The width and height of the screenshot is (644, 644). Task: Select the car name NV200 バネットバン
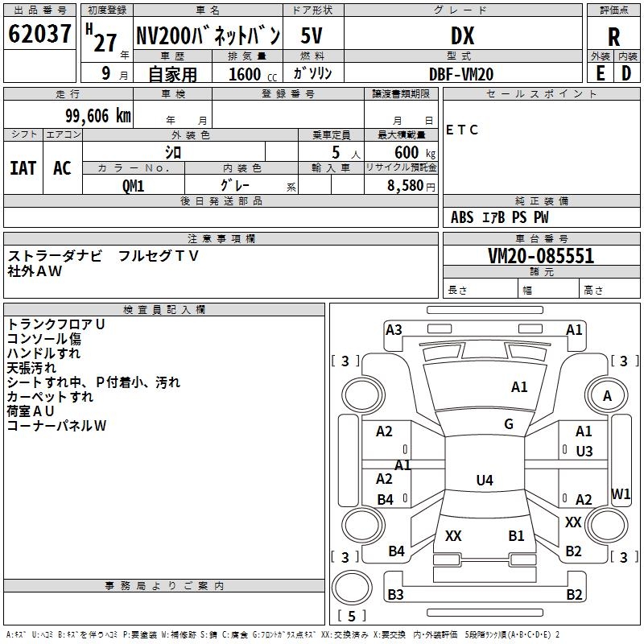coord(208,36)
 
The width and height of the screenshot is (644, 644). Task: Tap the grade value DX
coord(462,36)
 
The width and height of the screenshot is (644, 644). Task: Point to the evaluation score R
coord(613,37)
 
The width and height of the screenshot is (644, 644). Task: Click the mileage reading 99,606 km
coord(92,116)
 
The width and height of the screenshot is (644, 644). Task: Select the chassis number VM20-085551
coord(541,256)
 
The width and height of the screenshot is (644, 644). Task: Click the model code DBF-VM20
coord(461,74)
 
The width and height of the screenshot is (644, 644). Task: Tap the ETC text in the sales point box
coord(462,130)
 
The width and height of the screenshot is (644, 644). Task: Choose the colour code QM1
coord(133,184)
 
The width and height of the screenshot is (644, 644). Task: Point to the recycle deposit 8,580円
coord(411,184)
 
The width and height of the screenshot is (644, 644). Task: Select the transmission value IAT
coord(23,167)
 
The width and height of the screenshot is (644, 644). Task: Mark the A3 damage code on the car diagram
coord(394,329)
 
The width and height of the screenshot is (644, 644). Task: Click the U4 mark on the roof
coord(484,481)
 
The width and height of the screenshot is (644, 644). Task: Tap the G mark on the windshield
coord(509,424)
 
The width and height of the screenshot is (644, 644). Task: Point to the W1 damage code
coord(621,494)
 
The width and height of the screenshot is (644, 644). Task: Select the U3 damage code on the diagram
coord(584,452)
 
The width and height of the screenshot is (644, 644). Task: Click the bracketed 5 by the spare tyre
coord(352,616)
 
